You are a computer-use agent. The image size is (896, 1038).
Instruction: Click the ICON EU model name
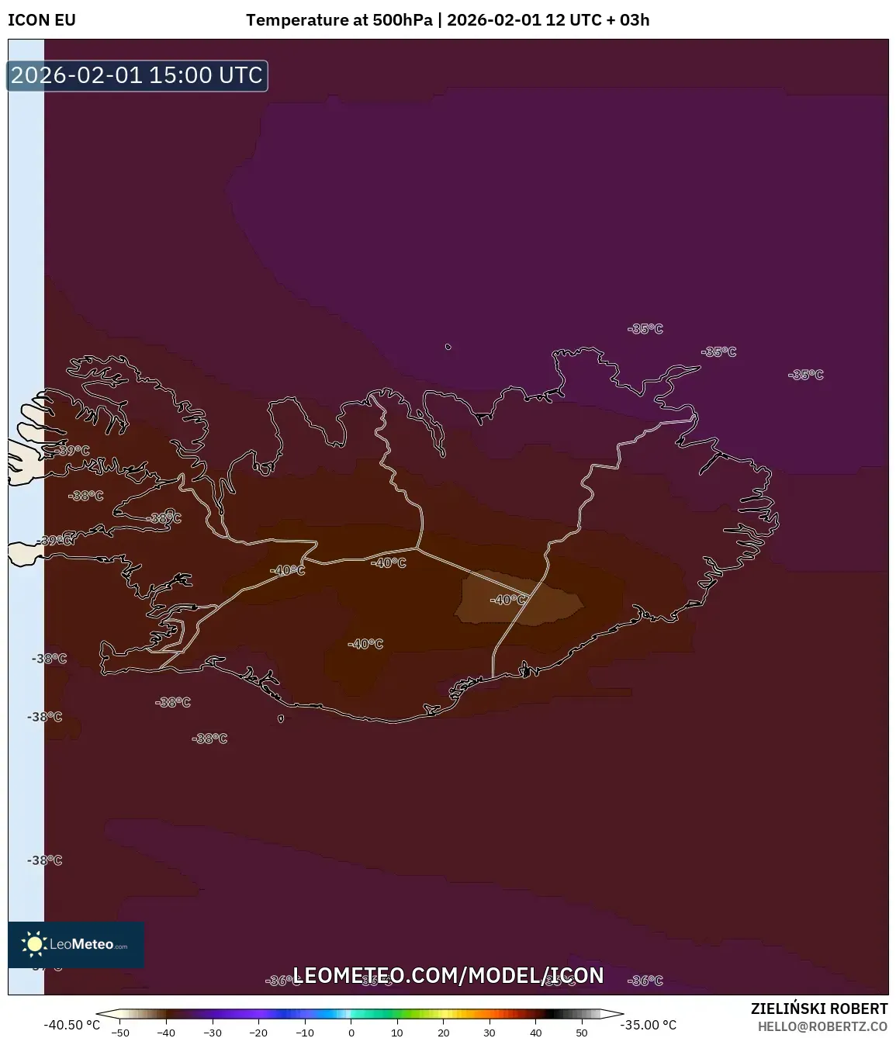tap(42, 20)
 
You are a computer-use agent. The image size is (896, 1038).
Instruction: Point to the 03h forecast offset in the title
tap(634, 20)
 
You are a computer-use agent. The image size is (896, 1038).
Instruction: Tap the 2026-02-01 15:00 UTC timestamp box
tap(137, 75)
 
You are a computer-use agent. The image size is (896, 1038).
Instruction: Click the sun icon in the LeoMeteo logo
tap(34, 943)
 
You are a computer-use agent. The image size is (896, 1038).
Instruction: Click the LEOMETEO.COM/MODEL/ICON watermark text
tap(448, 975)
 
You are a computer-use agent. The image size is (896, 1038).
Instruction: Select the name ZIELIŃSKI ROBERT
tap(818, 1009)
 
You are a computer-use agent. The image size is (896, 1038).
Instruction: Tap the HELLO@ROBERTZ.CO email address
tap(822, 1026)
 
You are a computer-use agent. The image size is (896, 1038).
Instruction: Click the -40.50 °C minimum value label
tap(71, 1025)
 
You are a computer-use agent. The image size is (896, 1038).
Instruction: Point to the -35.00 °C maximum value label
tap(648, 1025)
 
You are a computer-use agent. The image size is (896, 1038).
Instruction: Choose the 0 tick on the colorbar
tap(351, 1033)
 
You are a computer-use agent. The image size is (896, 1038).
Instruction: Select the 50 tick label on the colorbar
tap(582, 1033)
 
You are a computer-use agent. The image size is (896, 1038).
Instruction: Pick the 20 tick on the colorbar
tap(443, 1033)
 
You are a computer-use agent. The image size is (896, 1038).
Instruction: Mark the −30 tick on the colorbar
tap(213, 1033)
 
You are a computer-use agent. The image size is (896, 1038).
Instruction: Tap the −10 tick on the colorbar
tap(305, 1033)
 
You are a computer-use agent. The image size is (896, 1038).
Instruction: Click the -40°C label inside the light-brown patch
tap(507, 600)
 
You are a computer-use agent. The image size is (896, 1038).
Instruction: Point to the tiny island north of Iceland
tap(448, 347)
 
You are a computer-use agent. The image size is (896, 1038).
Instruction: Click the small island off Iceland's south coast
tap(281, 718)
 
